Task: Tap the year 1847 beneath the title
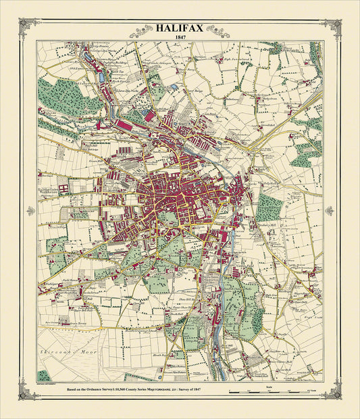[179, 38]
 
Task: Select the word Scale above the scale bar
[269, 387]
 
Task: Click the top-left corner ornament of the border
[28, 27]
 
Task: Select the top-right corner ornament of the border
[332, 27]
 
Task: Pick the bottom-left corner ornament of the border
[28, 391]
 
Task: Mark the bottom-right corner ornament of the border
[332, 391]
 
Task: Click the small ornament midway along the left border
[30, 211]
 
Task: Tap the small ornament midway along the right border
[330, 211]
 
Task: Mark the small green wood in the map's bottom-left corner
[44, 375]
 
